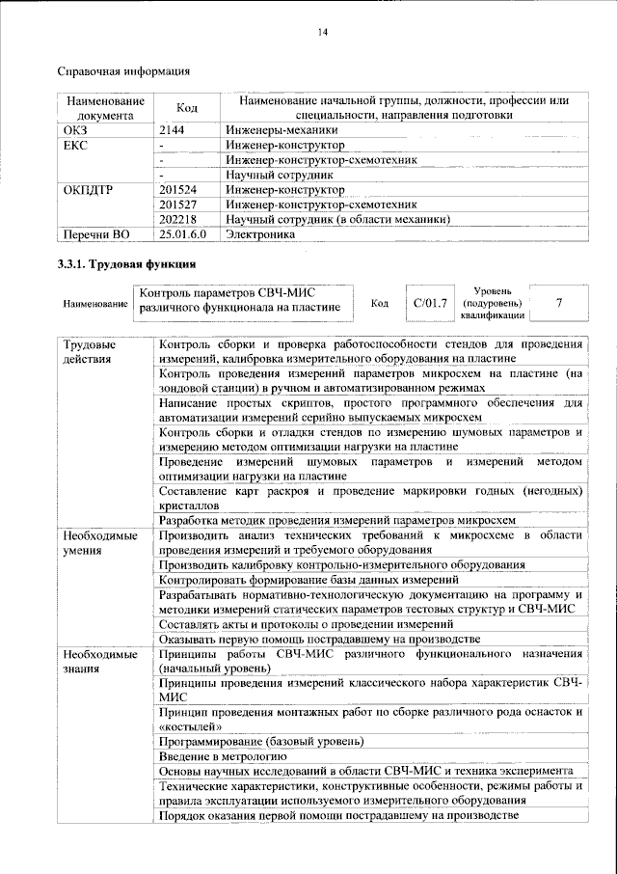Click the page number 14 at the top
point(323,33)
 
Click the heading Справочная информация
point(122,70)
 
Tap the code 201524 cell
point(178,189)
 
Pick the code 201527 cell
point(178,205)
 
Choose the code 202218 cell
point(178,219)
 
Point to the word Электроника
point(259,234)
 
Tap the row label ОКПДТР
point(88,189)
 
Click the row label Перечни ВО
point(96,234)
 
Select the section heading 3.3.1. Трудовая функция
point(127,263)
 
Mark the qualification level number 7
point(558,303)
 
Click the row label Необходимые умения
point(94,541)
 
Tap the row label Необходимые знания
point(94,663)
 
